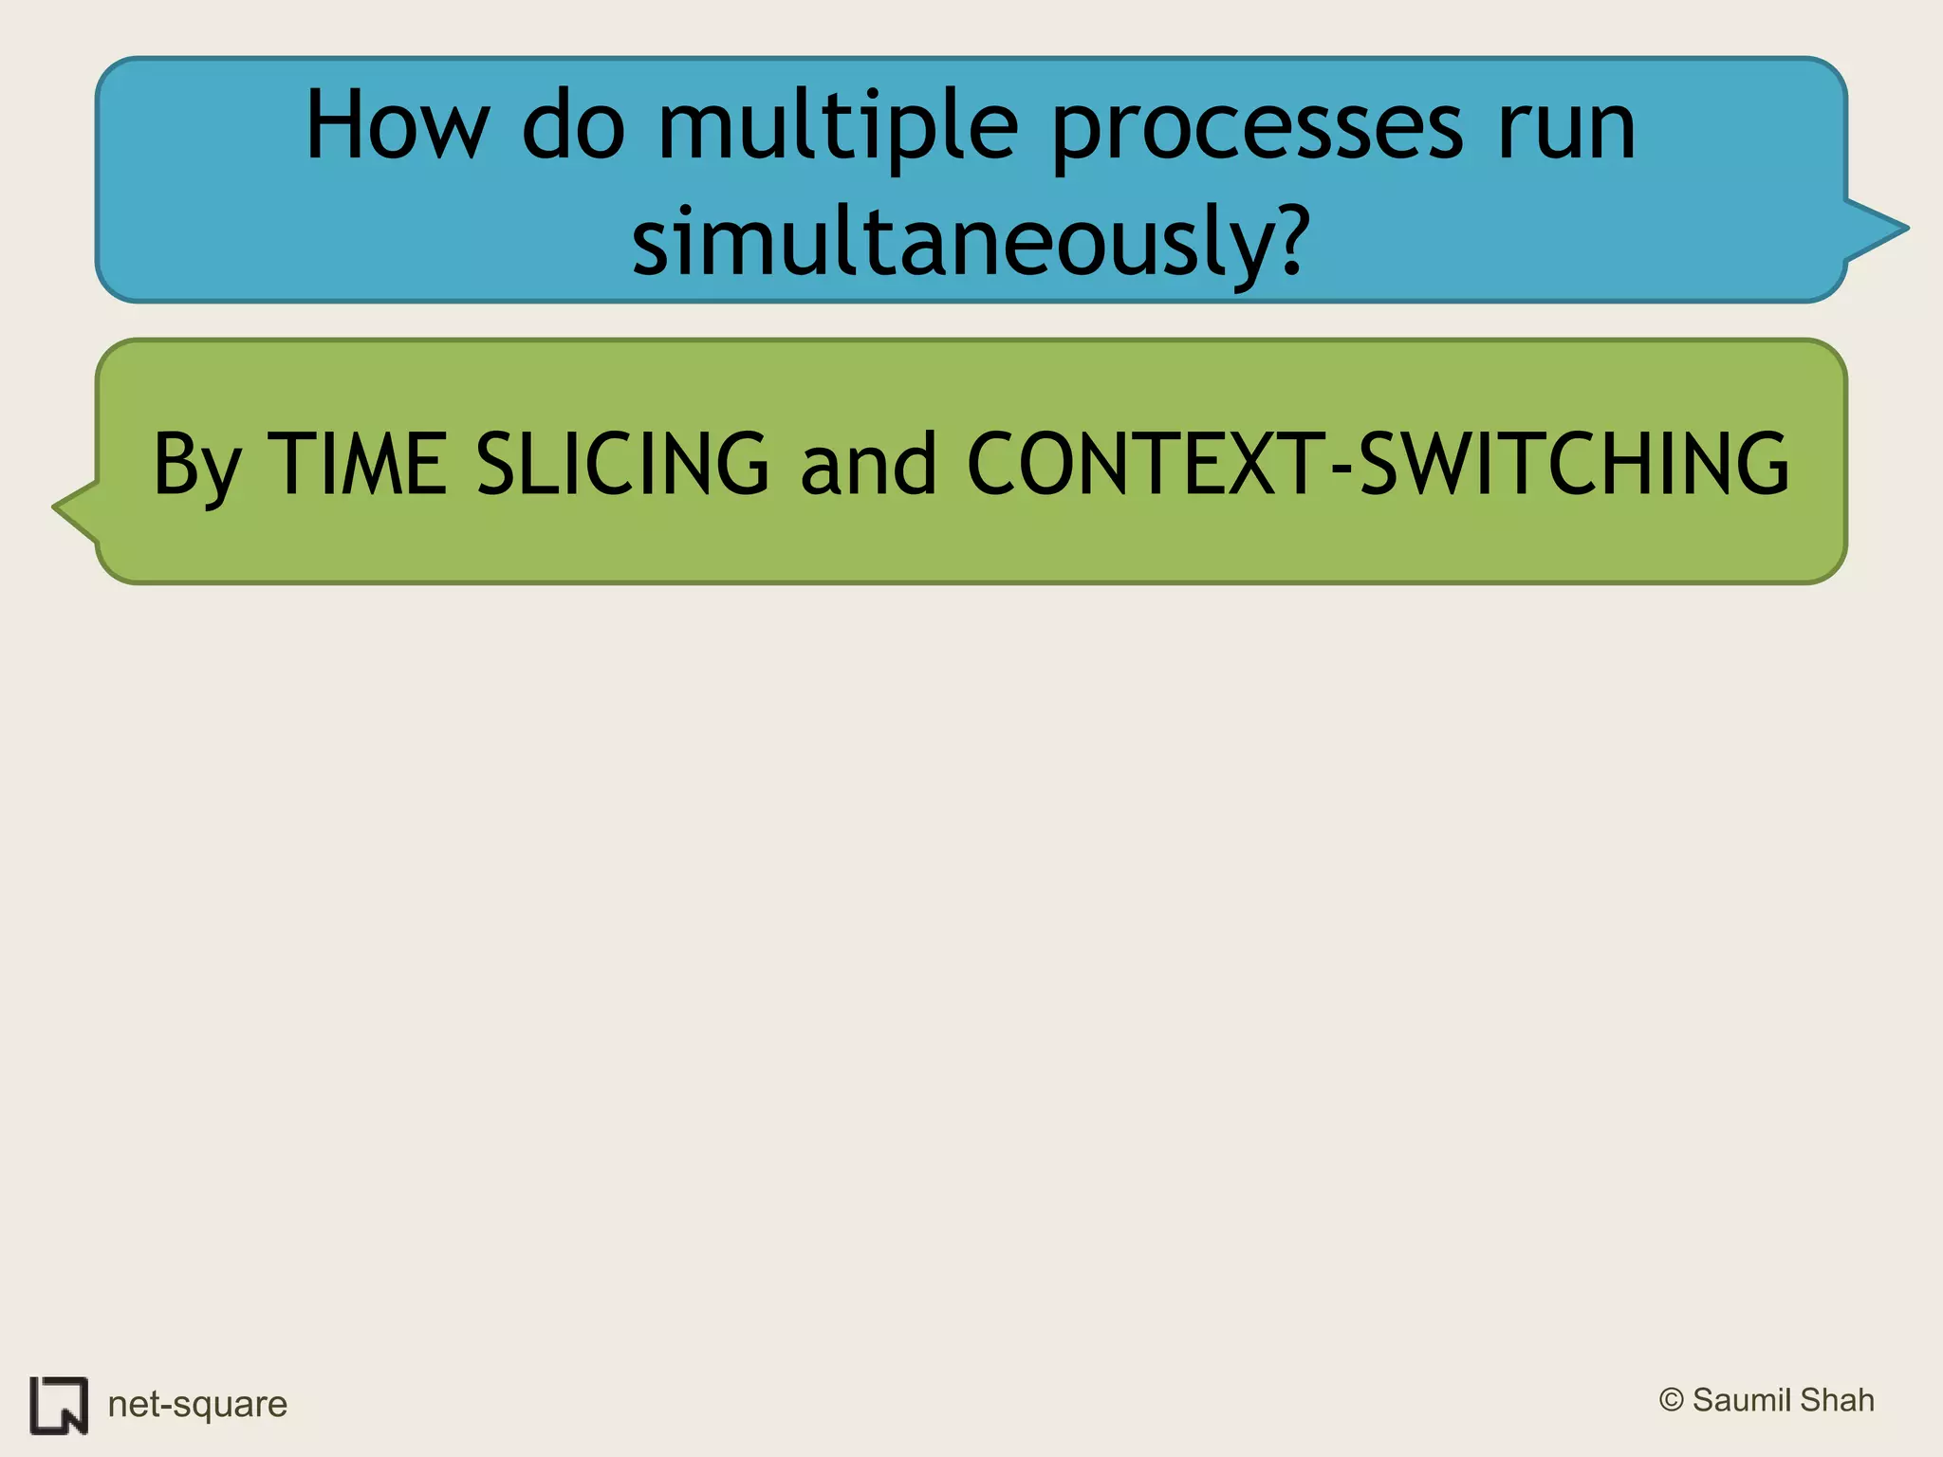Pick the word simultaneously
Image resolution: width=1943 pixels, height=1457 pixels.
pos(953,242)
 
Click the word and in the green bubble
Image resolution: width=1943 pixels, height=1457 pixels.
pos(868,465)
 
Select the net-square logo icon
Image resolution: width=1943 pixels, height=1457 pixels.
pos(59,1405)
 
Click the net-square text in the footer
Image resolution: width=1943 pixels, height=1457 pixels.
pos(197,1404)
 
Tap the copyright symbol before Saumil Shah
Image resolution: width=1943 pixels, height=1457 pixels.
pos(1671,1400)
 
